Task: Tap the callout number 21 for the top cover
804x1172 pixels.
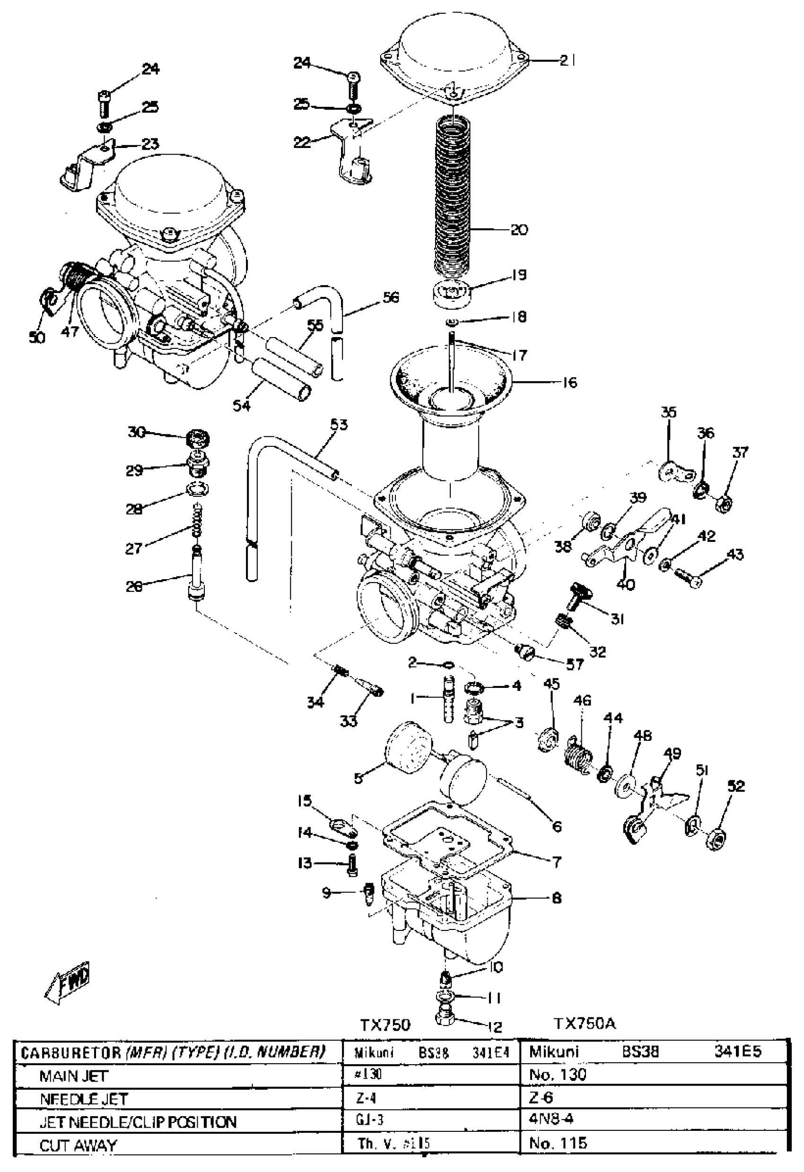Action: coord(567,61)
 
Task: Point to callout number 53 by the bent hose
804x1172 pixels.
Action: coord(339,425)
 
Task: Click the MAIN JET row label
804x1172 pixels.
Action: coord(74,1076)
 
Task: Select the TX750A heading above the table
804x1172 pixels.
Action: coord(585,1024)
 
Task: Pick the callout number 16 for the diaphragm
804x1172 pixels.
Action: coord(569,383)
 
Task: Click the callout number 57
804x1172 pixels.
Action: coord(575,665)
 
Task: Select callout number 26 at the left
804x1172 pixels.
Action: coord(135,586)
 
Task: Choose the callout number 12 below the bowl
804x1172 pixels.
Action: coord(495,1026)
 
